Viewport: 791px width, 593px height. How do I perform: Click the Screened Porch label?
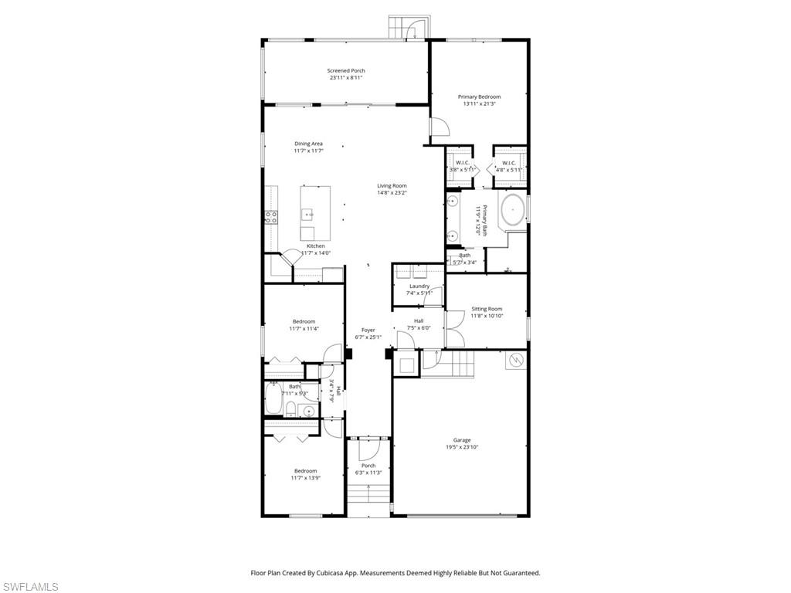[346, 70]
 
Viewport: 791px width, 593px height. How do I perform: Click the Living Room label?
[392, 185]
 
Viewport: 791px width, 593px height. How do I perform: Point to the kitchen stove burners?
[271, 217]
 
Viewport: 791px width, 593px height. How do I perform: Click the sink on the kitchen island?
[307, 214]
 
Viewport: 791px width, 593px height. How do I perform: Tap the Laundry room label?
[419, 286]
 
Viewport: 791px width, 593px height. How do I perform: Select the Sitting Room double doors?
[454, 327]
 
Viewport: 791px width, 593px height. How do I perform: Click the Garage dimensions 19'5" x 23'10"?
[462, 447]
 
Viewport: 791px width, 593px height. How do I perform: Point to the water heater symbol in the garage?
[515, 361]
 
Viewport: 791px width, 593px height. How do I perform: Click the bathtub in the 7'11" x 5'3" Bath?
[273, 400]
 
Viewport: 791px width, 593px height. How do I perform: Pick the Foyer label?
[368, 330]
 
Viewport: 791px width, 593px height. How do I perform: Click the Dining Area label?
[308, 144]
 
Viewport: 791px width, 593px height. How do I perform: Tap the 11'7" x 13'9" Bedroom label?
[304, 471]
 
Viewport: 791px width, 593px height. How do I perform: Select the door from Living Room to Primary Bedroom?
[437, 129]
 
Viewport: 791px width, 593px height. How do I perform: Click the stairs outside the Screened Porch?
[406, 28]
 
